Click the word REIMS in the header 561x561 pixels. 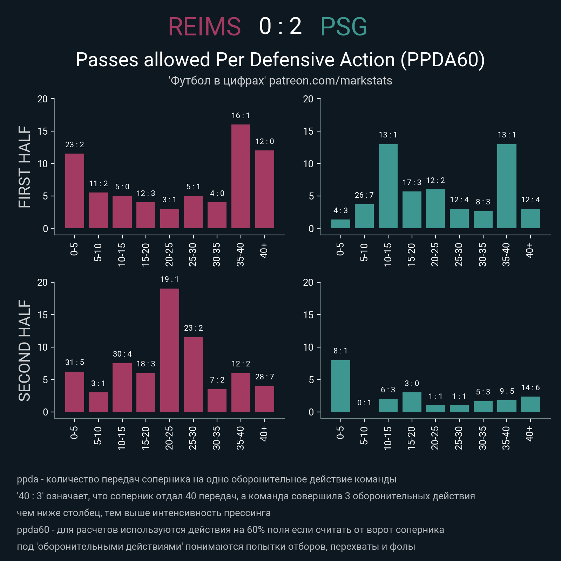(x=204, y=27)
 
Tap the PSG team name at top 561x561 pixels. (x=344, y=27)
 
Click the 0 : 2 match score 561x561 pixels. (x=280, y=27)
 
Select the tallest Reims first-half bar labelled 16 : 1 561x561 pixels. (x=241, y=176)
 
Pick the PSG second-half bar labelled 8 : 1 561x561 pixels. (x=340, y=386)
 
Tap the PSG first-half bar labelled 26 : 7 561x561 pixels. (x=364, y=216)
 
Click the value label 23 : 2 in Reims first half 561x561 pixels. (x=75, y=145)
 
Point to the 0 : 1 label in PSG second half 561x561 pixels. (x=364, y=403)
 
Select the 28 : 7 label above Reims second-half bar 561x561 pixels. (x=265, y=377)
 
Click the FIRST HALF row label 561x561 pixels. (x=25, y=167)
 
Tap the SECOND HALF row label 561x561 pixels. (x=25, y=350)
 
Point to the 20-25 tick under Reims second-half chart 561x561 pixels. (x=169, y=438)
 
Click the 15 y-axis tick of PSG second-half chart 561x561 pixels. (x=308, y=315)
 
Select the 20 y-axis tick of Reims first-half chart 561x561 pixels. (x=42, y=99)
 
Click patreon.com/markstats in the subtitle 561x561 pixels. (x=330, y=81)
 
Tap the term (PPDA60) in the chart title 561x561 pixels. (x=443, y=60)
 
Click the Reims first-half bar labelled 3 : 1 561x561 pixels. (x=170, y=218)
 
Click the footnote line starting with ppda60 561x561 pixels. (x=230, y=529)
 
